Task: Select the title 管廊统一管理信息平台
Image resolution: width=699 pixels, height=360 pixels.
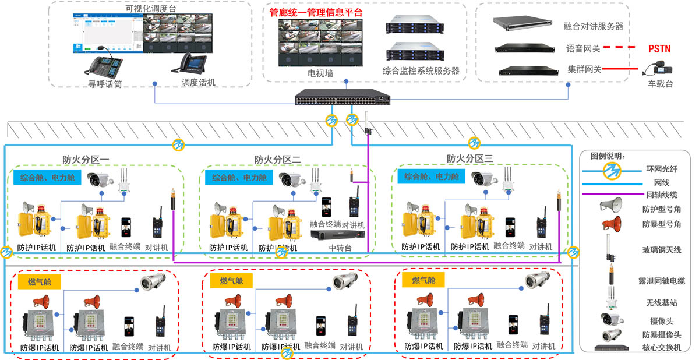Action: click(x=315, y=12)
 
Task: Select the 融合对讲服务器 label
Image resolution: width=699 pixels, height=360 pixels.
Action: click(x=594, y=26)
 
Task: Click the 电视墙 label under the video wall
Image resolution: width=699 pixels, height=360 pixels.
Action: click(x=320, y=73)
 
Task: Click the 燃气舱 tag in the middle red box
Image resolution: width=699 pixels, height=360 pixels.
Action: click(x=231, y=281)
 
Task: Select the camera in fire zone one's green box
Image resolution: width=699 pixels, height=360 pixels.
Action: click(x=100, y=179)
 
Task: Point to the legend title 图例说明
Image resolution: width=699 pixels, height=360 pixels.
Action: click(x=608, y=156)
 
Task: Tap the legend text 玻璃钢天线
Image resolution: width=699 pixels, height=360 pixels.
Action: click(x=661, y=250)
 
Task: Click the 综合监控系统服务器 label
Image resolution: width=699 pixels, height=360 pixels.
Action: click(x=421, y=70)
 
